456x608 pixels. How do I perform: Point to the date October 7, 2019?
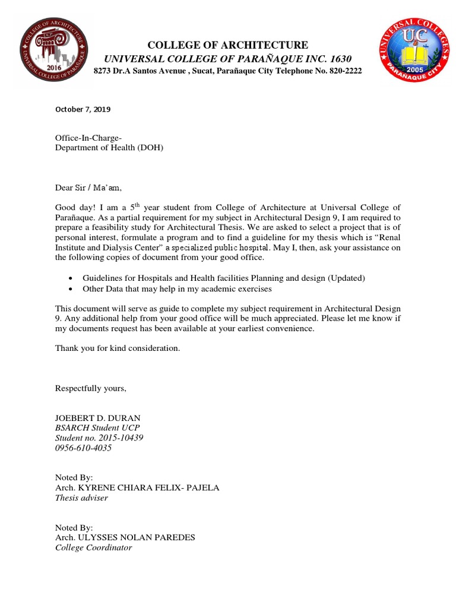(83, 109)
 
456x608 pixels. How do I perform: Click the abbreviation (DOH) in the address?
(151, 148)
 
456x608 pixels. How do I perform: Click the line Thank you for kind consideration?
(117, 348)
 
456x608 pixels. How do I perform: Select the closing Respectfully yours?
(90, 388)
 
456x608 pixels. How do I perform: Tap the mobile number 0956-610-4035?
(83, 448)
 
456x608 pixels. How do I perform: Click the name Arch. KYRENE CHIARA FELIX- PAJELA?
(137, 487)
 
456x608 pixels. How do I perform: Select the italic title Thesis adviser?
(81, 498)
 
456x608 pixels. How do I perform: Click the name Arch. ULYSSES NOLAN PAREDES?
(125, 537)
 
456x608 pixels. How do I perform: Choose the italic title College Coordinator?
(93, 547)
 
